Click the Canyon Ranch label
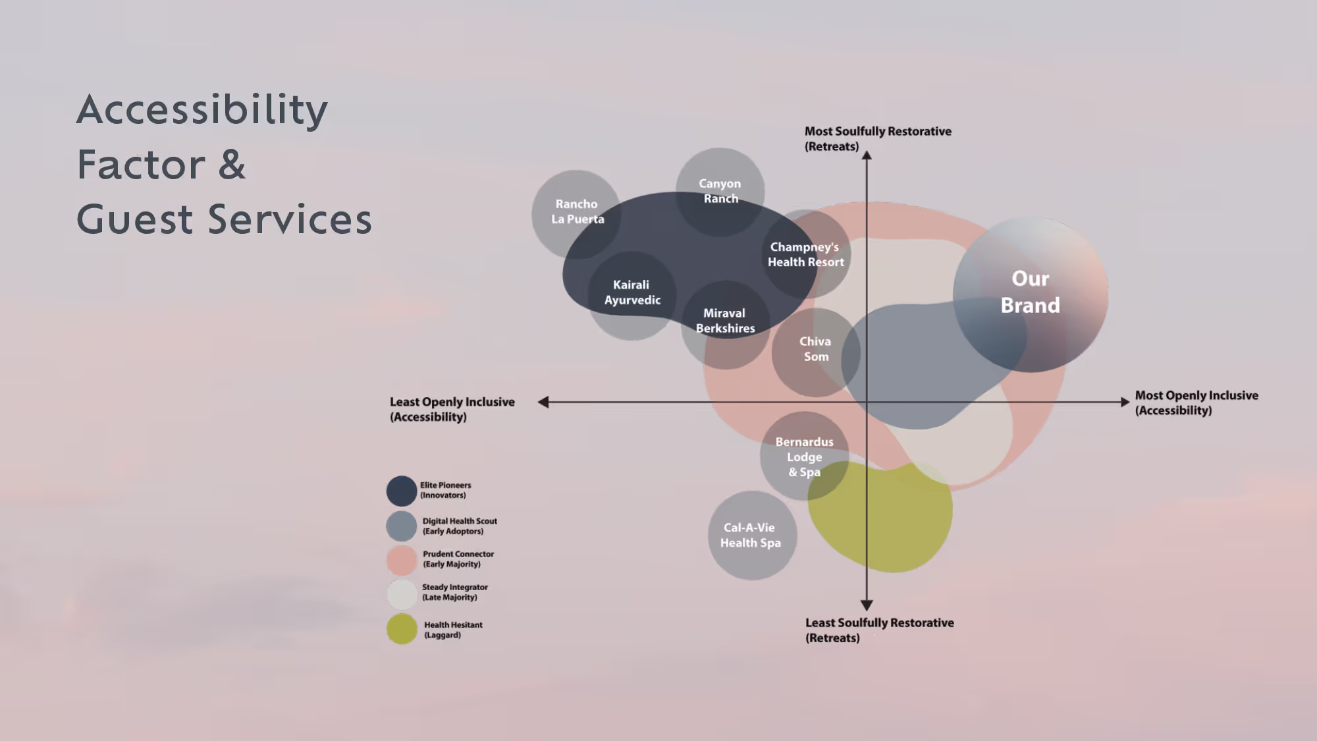[x=720, y=191]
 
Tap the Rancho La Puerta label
[x=577, y=211]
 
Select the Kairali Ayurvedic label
[x=632, y=292]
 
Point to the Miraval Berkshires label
[x=725, y=321]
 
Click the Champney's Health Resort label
[x=805, y=254]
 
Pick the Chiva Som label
[x=815, y=349]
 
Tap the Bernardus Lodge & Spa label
[x=804, y=456]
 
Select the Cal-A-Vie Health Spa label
[x=750, y=535]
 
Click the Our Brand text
[x=1031, y=292]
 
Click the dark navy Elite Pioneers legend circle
[x=402, y=491]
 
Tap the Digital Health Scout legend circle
[x=402, y=526]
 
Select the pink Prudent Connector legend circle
[x=402, y=560]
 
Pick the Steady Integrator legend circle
[x=402, y=593]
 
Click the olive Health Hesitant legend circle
[x=402, y=629]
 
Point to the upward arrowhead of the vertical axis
[x=867, y=155]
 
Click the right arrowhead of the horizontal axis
[x=1125, y=402]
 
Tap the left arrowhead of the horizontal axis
[x=543, y=402]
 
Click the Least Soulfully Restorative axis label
[x=879, y=630]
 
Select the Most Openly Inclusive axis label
[x=1196, y=402]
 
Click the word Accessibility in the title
[x=202, y=109]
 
